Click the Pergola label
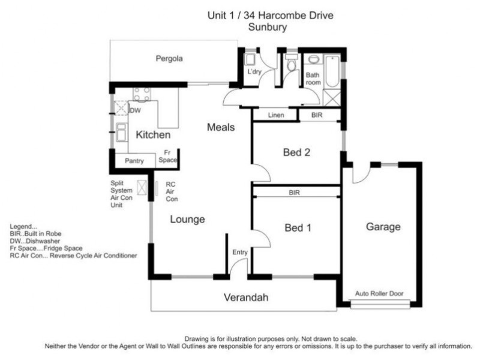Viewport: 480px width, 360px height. pos(169,59)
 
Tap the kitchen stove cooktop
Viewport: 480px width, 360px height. pos(142,94)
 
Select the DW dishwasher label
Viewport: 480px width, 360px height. pos(136,110)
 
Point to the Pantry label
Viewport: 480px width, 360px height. pos(134,161)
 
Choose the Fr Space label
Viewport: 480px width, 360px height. pos(167,157)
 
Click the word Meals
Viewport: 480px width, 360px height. pos(220,127)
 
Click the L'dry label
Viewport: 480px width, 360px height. pos(255,73)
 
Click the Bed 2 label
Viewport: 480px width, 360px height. pos(296,152)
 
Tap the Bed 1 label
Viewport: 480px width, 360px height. pos(296,227)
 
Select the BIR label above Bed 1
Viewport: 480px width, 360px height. pos(295,193)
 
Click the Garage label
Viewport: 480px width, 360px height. pos(383,227)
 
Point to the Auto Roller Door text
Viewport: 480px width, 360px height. pos(379,294)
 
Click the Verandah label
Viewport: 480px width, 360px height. pos(246,297)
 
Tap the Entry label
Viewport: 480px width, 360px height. pos(239,253)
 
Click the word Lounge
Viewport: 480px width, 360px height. pos(187,219)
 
